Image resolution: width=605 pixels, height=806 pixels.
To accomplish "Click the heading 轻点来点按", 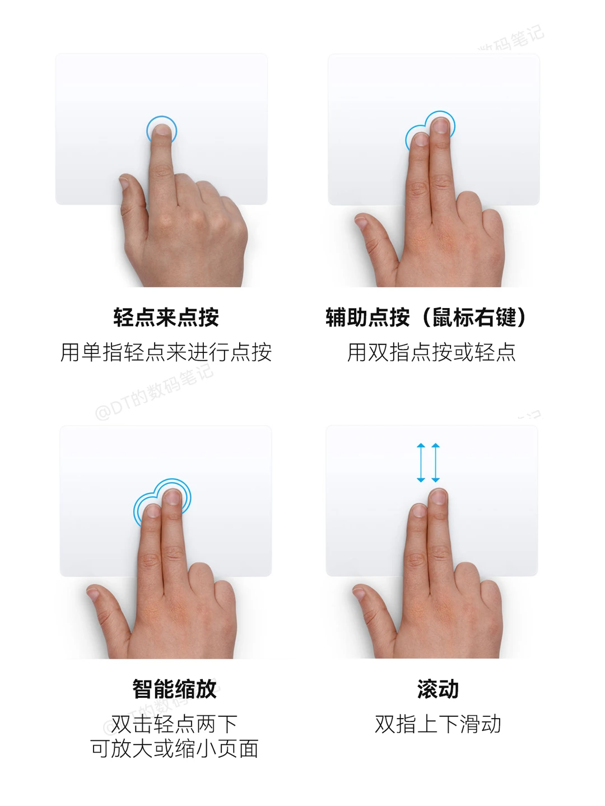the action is click(166, 317).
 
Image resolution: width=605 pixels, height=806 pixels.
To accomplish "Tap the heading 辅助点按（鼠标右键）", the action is click(426, 317).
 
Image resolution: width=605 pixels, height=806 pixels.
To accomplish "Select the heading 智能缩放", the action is click(175, 689).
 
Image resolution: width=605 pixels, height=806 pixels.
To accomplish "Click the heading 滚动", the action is click(438, 689).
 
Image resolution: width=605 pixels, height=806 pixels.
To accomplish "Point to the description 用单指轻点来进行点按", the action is click(166, 352).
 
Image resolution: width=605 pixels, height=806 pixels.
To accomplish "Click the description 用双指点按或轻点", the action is click(431, 352).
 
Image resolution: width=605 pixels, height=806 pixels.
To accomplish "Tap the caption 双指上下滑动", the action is click(438, 724).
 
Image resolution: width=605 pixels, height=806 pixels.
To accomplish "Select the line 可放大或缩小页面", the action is click(175, 749).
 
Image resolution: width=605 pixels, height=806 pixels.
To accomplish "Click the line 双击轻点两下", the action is click(175, 724).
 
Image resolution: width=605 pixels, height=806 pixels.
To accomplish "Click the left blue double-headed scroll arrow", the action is click(421, 463).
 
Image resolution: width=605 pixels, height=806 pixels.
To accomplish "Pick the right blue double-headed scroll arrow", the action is click(435, 463).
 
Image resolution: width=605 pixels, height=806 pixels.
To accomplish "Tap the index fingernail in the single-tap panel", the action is click(162, 131).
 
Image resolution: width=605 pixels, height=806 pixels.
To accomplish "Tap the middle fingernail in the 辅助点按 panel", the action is click(440, 125).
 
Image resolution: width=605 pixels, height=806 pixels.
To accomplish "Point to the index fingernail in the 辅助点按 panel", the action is click(420, 140).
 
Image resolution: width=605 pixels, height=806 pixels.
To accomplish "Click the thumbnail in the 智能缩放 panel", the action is click(93, 593).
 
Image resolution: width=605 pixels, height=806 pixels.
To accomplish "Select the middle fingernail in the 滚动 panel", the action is click(438, 497).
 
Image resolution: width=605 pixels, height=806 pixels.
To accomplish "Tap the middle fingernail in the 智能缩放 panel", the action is click(172, 497).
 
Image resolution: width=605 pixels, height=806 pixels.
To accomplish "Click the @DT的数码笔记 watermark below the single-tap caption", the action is click(154, 392).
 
